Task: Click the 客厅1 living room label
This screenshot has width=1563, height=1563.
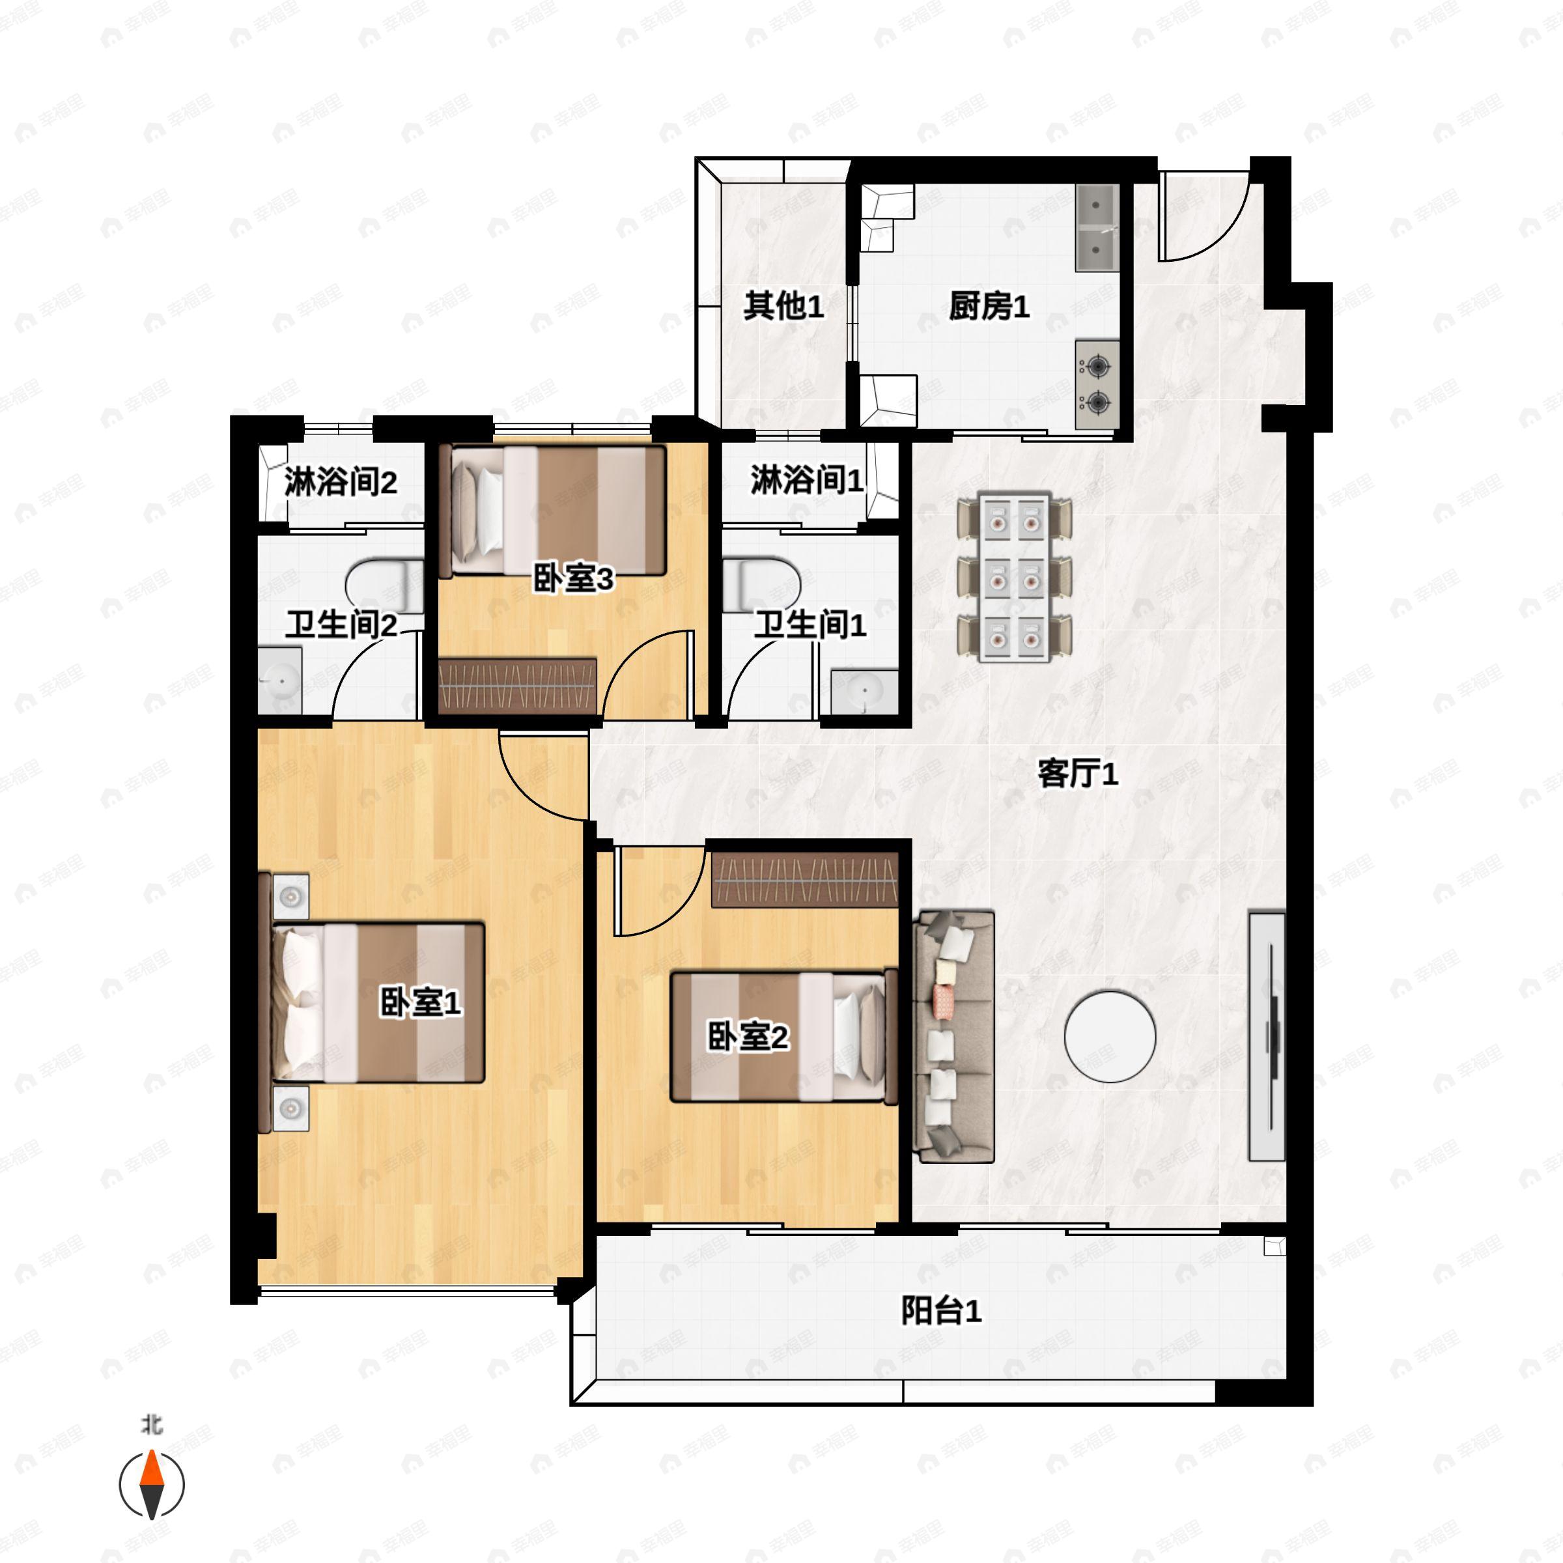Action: click(x=1078, y=774)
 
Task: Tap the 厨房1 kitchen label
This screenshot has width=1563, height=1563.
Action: click(x=989, y=307)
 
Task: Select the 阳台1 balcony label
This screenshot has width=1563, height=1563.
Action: click(x=942, y=1310)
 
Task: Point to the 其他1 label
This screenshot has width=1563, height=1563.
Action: click(x=783, y=307)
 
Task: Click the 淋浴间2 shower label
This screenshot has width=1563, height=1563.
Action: click(x=340, y=482)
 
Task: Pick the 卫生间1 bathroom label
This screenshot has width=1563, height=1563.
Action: click(x=810, y=625)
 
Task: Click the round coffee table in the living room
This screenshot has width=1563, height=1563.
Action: click(x=1109, y=1036)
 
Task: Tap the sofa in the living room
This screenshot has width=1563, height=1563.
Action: click(x=953, y=1036)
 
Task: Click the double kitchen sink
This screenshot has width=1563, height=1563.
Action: click(x=1097, y=227)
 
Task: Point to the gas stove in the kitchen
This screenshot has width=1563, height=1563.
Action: click(x=1097, y=384)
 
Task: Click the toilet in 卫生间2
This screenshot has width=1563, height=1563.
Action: click(x=384, y=585)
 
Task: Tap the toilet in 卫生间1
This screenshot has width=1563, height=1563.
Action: click(x=761, y=584)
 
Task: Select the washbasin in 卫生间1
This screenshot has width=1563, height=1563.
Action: click(x=864, y=692)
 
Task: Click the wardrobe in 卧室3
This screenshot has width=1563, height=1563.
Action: click(x=518, y=686)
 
